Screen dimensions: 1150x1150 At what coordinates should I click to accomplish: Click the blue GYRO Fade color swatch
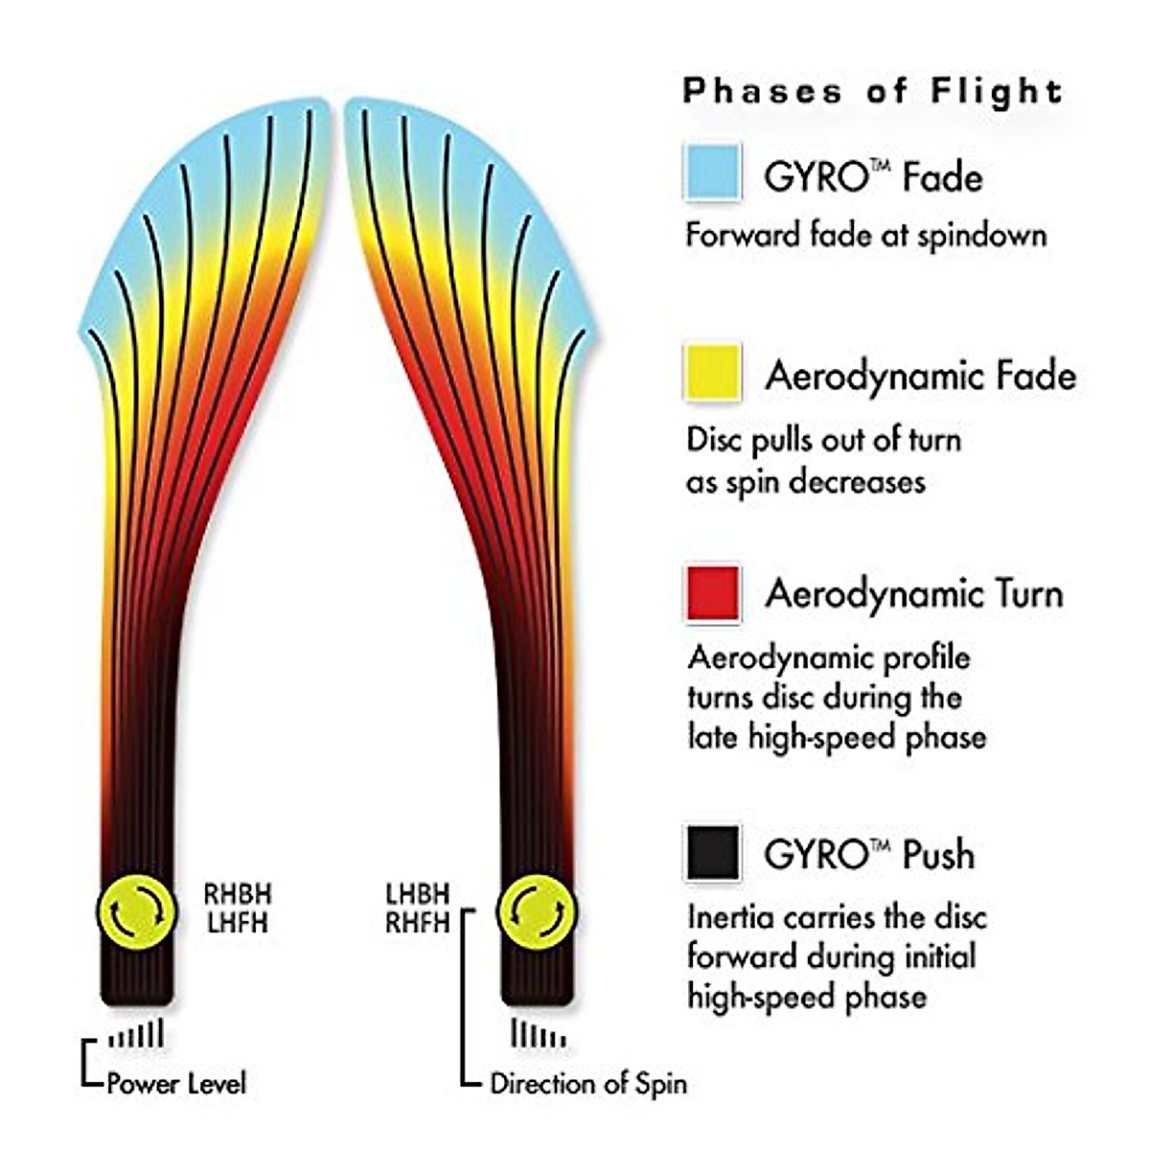(712, 172)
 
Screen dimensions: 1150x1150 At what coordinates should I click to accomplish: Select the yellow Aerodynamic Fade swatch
(712, 373)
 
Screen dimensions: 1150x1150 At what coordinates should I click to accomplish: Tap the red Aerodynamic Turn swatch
(712, 593)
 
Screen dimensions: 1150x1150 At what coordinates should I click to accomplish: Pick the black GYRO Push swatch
(712, 852)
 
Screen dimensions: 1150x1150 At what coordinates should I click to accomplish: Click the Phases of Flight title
(872, 92)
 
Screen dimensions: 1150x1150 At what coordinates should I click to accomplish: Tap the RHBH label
(238, 894)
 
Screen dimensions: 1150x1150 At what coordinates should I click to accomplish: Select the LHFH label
(238, 924)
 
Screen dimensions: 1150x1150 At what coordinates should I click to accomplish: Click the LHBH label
(418, 894)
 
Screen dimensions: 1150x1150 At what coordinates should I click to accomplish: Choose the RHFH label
(418, 924)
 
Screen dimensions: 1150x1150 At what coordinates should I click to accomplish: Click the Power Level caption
(176, 1084)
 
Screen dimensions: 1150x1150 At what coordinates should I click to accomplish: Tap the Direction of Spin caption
(588, 1084)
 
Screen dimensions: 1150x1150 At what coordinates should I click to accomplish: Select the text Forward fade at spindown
(865, 236)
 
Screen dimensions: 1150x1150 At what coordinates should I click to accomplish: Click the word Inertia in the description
(731, 917)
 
